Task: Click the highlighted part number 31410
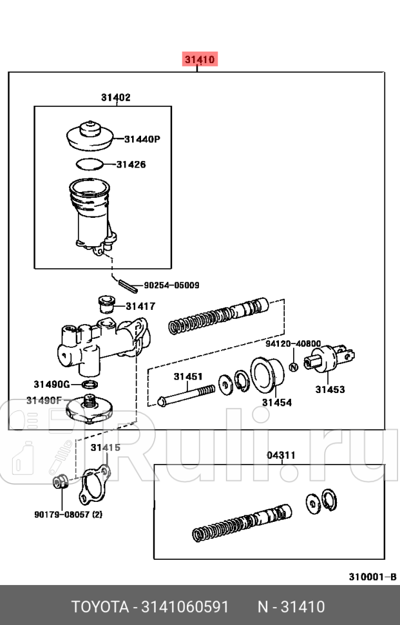199,60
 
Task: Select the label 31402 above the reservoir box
115,98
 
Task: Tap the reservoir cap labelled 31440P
90,134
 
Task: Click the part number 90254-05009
171,285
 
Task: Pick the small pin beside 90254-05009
126,282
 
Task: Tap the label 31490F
44,400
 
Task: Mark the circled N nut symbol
293,367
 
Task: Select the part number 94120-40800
300,344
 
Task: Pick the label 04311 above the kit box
281,455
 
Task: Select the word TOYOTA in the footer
100,606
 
